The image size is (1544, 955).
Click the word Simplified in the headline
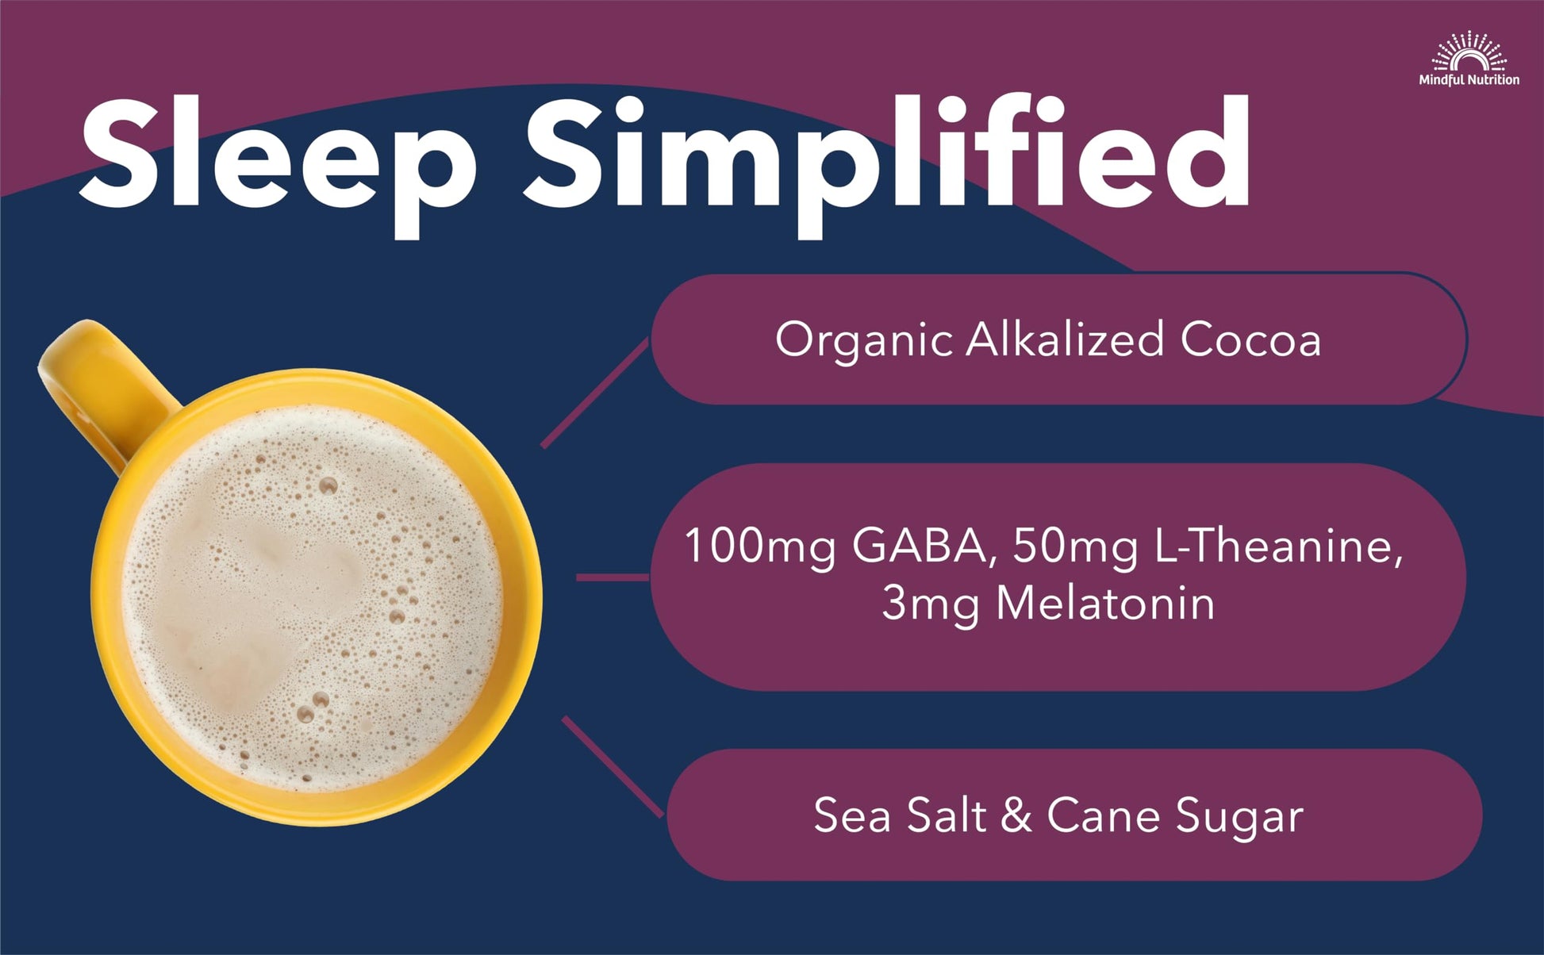coord(885,155)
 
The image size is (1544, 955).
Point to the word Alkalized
coord(1065,339)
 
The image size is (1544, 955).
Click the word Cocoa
coord(1250,339)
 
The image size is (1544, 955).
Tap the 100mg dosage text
coord(759,547)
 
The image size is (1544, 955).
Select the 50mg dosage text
coord(1076,547)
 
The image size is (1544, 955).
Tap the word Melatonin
coord(1104,603)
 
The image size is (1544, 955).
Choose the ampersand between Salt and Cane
coord(1016,815)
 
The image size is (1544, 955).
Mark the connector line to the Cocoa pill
coord(595,393)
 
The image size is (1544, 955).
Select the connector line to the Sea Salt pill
coord(613,766)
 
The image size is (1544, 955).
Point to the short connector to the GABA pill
coord(613,577)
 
